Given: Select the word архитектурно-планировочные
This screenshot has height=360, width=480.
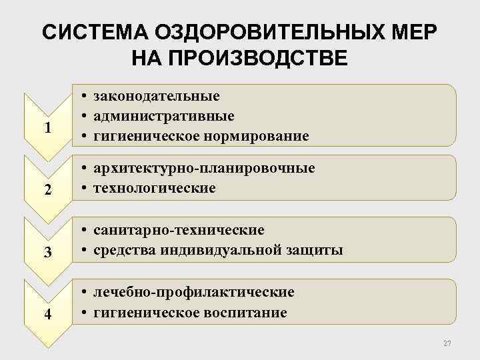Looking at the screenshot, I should (204, 168).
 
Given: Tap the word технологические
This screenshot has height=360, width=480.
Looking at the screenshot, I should (155, 188).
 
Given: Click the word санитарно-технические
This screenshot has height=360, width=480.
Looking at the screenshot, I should (179, 230).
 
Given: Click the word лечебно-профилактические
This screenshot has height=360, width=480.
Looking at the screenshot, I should (194, 292).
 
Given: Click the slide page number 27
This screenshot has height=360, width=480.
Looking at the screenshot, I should (447, 343).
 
